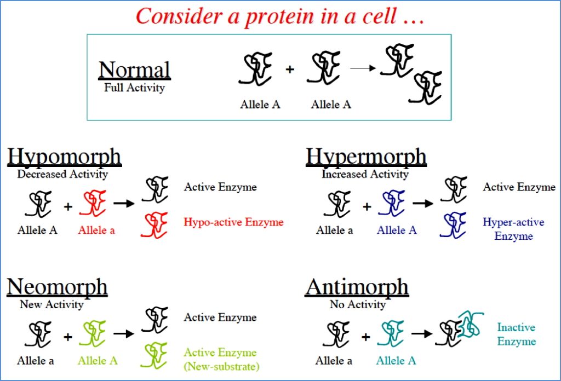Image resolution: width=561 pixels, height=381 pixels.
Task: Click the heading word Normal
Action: [x=134, y=71]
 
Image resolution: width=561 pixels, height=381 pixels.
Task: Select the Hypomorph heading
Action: [x=64, y=157]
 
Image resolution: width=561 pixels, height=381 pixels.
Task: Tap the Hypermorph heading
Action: [x=366, y=157]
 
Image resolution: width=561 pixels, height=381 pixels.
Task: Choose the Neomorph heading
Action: [x=57, y=287]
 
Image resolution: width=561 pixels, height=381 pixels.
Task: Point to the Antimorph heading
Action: [x=357, y=287]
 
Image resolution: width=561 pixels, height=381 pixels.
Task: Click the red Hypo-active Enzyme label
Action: [x=233, y=222]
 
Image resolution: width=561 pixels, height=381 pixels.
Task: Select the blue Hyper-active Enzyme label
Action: [x=513, y=229]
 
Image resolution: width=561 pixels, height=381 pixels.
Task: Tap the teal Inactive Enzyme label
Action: [x=516, y=334]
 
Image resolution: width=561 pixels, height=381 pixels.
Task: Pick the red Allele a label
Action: [x=96, y=230]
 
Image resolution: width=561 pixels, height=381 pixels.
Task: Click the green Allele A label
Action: [x=97, y=361]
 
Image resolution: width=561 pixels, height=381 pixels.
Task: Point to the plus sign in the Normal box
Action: [x=290, y=70]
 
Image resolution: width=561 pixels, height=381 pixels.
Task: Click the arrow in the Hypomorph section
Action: [x=124, y=204]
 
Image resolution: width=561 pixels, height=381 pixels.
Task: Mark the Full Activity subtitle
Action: [x=134, y=87]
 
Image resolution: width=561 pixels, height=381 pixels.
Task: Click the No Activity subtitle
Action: [x=357, y=304]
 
